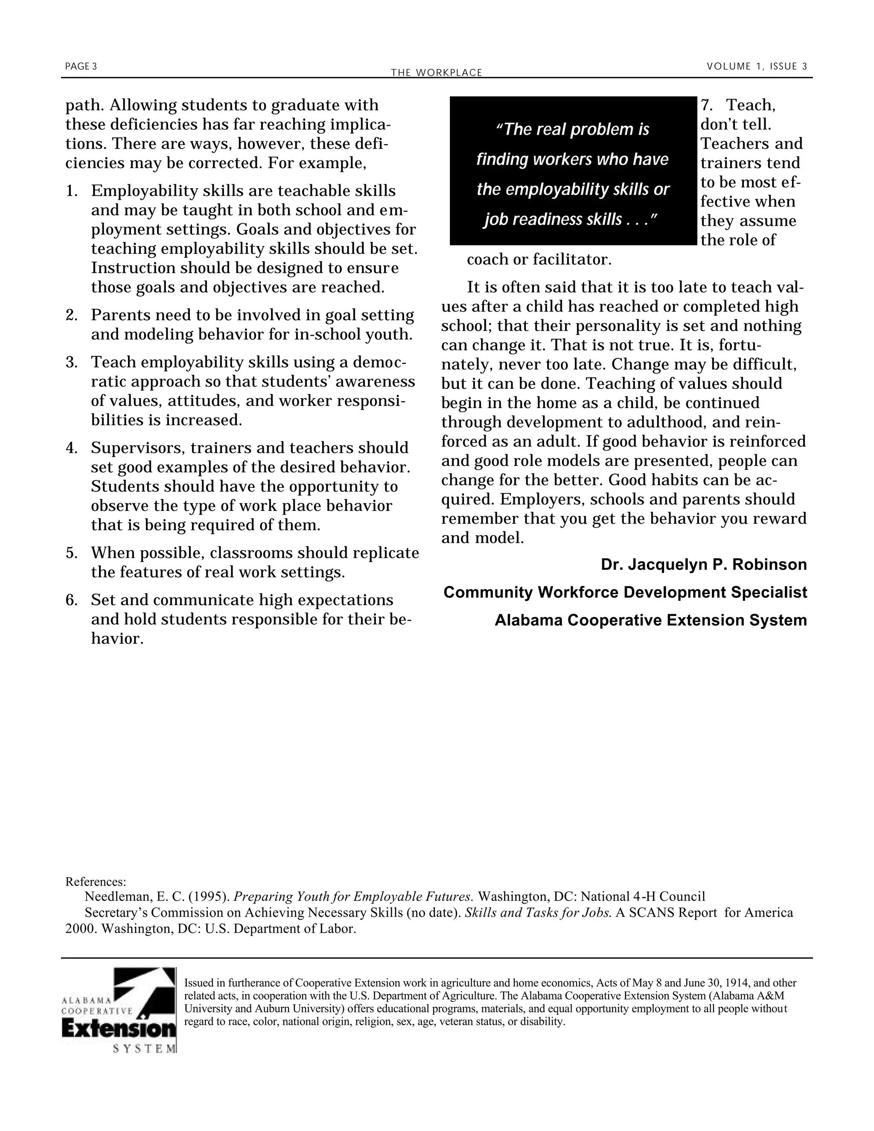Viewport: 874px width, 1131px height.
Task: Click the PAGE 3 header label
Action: point(81,66)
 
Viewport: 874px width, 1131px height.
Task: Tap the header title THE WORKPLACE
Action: point(437,73)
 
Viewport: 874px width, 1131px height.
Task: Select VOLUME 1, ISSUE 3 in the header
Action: point(757,66)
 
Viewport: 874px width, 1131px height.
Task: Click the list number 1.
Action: point(71,191)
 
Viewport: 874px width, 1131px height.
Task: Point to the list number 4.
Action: point(71,448)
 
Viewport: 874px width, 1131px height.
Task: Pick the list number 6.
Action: point(71,600)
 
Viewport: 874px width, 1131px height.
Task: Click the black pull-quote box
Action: point(573,171)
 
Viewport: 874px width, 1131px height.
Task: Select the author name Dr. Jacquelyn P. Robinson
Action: point(703,565)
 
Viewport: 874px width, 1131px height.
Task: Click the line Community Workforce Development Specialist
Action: point(625,592)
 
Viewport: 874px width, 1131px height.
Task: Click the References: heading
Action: point(96,882)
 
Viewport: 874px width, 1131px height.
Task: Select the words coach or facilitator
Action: point(539,259)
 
